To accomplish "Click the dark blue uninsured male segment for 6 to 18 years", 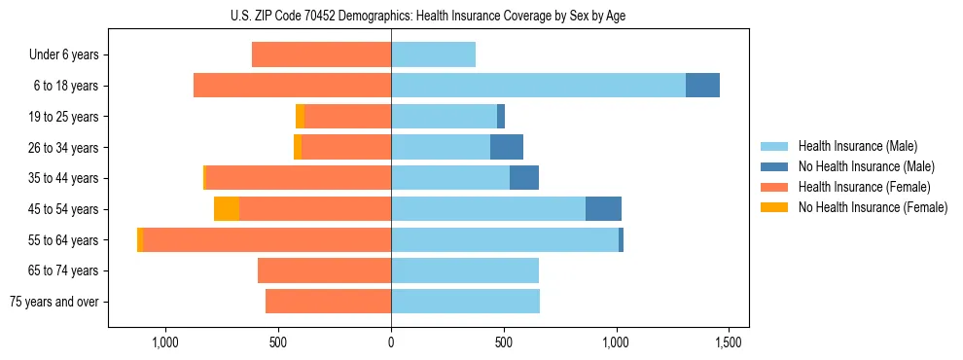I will coord(702,86).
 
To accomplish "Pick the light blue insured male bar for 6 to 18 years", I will coord(538,86).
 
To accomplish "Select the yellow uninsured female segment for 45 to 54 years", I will coord(227,209).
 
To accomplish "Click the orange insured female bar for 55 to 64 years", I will coord(267,240).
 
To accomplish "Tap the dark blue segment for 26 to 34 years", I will coord(507,148).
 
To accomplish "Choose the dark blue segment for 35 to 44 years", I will coord(524,178).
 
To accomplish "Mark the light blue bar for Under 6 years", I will coord(433,55).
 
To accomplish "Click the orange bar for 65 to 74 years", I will coord(324,270).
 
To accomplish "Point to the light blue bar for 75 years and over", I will coord(465,302).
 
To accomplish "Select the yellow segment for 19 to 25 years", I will coord(300,117).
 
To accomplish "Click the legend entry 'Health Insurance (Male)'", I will coord(857,146).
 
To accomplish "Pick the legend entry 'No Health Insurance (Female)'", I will coord(873,207).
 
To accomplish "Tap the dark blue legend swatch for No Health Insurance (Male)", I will coord(774,166).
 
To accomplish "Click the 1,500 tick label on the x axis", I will coord(729,342).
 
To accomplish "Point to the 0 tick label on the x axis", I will coord(391,342).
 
